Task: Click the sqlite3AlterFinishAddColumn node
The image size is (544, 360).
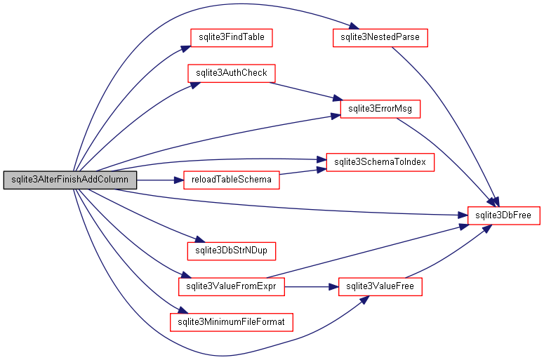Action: coord(69,180)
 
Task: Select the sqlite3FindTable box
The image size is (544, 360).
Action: coord(230,37)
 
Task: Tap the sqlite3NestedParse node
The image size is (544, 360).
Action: coord(379,37)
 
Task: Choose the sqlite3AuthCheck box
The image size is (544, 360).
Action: coord(231,73)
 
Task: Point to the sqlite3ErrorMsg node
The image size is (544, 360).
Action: coord(380,109)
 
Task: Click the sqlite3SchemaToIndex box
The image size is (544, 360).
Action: coord(380,162)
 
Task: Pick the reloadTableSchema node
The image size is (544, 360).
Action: coord(231,180)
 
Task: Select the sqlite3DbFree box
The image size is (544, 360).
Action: coord(503,215)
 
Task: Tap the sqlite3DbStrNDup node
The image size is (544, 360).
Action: coord(231,251)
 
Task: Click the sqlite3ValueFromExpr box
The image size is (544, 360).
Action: coord(231,286)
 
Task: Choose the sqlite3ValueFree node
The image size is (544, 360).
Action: coord(380,286)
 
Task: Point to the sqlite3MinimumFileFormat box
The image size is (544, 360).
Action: coord(231,322)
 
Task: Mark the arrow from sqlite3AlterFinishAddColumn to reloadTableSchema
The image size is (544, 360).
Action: coord(159,180)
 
